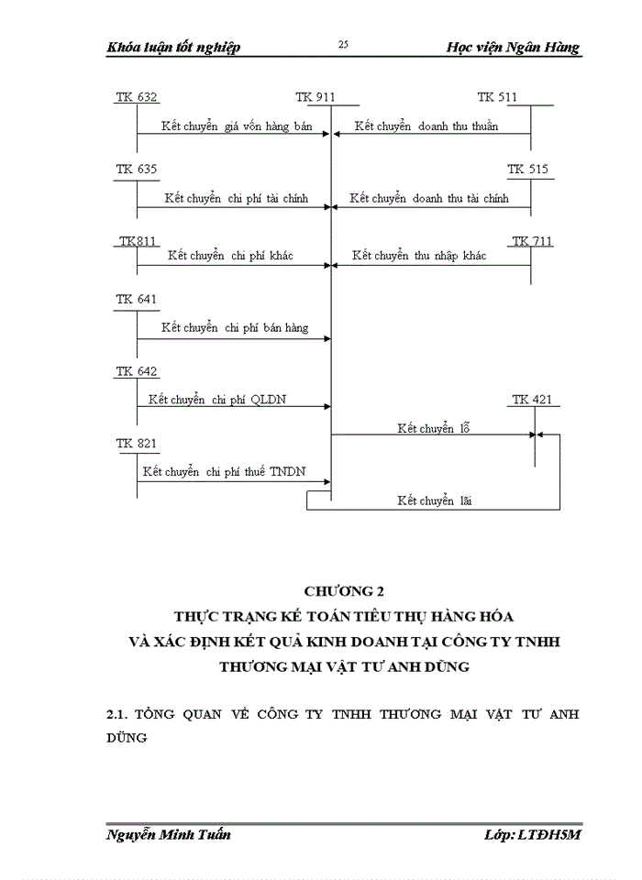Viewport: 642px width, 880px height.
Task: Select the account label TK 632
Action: (137, 96)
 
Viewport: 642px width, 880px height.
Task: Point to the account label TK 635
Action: (137, 170)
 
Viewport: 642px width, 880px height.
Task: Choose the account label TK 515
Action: (527, 170)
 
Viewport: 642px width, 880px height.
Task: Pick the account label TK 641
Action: (137, 300)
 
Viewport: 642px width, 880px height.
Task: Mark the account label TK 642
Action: (137, 371)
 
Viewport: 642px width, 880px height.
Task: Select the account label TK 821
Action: (137, 444)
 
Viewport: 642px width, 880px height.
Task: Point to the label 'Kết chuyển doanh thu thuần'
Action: (426, 126)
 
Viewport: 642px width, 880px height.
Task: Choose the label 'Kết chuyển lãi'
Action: (434, 500)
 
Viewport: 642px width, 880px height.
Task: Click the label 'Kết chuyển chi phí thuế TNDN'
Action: (224, 472)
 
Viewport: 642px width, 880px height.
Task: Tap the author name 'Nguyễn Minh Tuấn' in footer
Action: (169, 834)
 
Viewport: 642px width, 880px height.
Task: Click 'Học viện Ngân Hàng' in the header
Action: (513, 48)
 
